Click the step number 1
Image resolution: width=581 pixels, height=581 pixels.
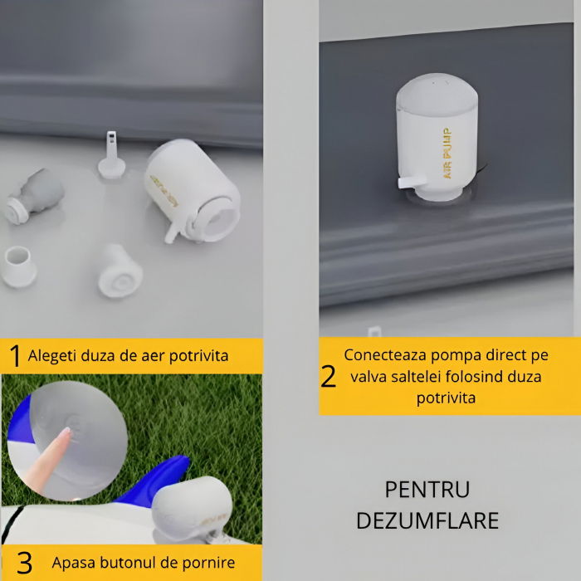point(14,356)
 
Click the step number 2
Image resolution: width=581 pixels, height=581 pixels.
point(329,376)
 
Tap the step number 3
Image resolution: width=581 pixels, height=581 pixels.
point(24,563)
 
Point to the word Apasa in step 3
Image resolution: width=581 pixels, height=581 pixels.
point(72,563)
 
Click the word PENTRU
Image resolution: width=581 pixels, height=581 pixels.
point(427,489)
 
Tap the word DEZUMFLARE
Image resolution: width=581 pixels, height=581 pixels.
point(427,520)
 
